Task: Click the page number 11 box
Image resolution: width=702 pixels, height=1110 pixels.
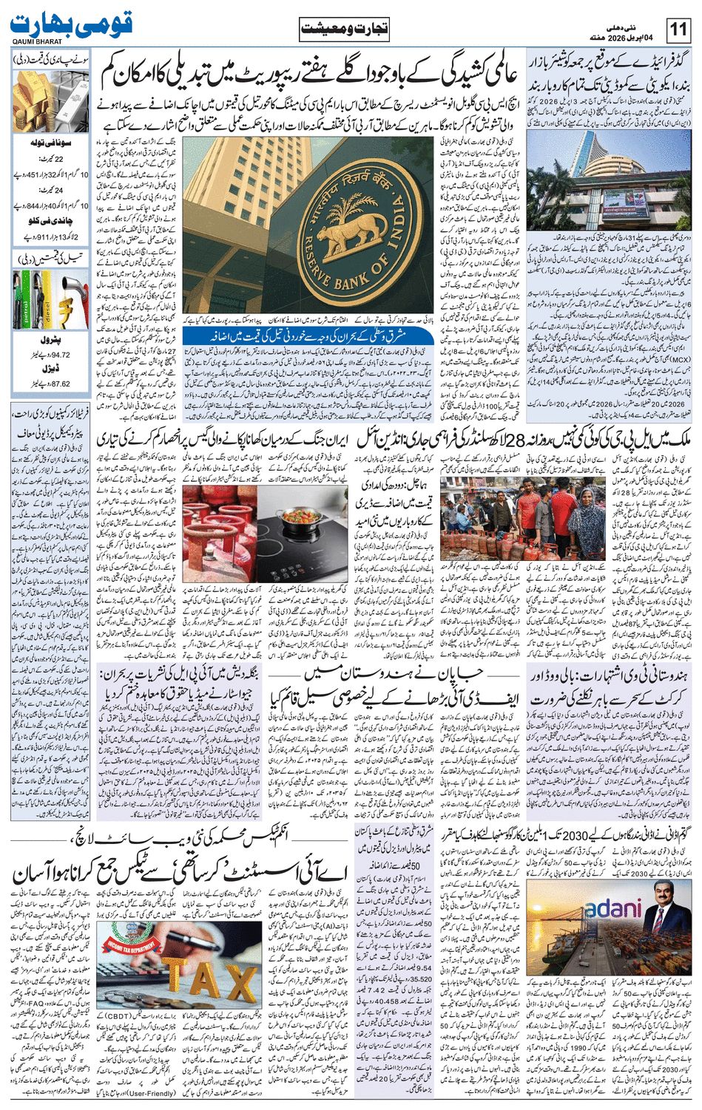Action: click(678, 30)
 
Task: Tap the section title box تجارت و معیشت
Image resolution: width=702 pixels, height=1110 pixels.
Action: click(344, 30)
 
